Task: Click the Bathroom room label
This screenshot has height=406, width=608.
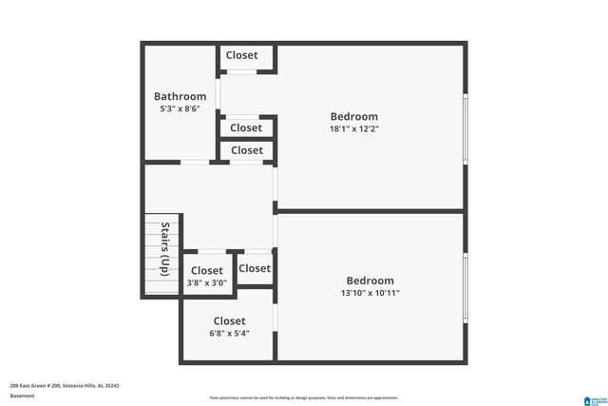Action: pyautogui.click(x=180, y=96)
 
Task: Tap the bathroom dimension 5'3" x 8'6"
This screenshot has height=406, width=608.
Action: pyautogui.click(x=180, y=109)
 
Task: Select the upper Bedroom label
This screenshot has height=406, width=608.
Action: pyautogui.click(x=353, y=116)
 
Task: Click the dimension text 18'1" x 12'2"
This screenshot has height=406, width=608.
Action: pyautogui.click(x=353, y=128)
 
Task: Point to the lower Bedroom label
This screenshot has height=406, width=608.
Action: pyautogui.click(x=370, y=280)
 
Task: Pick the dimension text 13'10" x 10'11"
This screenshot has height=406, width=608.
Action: pyautogui.click(x=370, y=293)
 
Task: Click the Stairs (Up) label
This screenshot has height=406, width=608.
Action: pyautogui.click(x=165, y=249)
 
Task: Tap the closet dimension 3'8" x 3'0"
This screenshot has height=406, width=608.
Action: pyautogui.click(x=206, y=282)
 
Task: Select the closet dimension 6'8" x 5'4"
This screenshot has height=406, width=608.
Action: pyautogui.click(x=229, y=334)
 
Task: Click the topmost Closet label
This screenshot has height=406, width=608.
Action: pyautogui.click(x=241, y=55)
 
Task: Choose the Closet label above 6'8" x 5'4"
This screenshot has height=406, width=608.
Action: pyautogui.click(x=229, y=320)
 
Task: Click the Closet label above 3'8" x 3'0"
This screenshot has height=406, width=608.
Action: pyautogui.click(x=206, y=270)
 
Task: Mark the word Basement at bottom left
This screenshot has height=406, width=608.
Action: pyautogui.click(x=22, y=395)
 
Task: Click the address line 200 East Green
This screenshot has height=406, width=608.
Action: pyautogui.click(x=65, y=385)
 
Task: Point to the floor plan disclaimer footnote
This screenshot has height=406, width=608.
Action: pyautogui.click(x=303, y=397)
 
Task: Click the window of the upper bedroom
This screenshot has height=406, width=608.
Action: pyautogui.click(x=465, y=128)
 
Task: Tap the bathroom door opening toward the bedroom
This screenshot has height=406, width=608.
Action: pyautogui.click(x=218, y=94)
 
